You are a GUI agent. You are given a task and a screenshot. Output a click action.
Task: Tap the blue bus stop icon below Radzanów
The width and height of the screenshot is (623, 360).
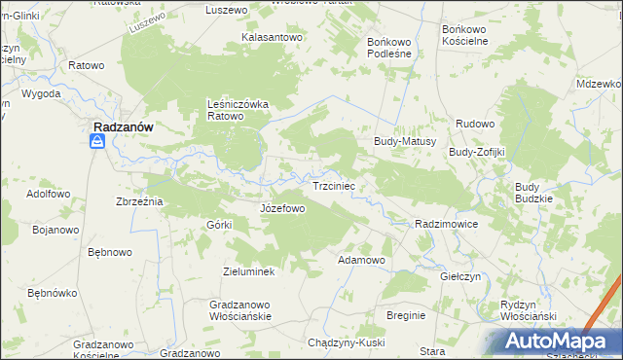pyautogui.click(x=97, y=143)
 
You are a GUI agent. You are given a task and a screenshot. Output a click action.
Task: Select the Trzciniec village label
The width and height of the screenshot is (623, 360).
pyautogui.click(x=338, y=185)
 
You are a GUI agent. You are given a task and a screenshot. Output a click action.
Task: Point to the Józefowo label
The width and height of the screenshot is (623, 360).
pyautogui.click(x=283, y=208)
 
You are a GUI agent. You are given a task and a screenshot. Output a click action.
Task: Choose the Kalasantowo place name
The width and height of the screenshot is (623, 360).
pyautogui.click(x=269, y=38)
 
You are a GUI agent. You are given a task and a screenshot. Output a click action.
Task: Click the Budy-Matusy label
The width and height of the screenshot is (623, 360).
pyautogui.click(x=404, y=141)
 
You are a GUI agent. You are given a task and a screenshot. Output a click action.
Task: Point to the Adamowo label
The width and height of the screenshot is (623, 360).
pyautogui.click(x=361, y=261)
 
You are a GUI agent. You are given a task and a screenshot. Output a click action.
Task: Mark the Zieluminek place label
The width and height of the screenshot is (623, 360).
pyautogui.click(x=249, y=271)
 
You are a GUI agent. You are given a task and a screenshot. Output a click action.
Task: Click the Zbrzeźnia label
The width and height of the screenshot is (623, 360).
pyautogui.click(x=137, y=200)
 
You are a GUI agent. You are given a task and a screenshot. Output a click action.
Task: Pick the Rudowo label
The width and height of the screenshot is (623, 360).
pyautogui.click(x=476, y=125)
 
